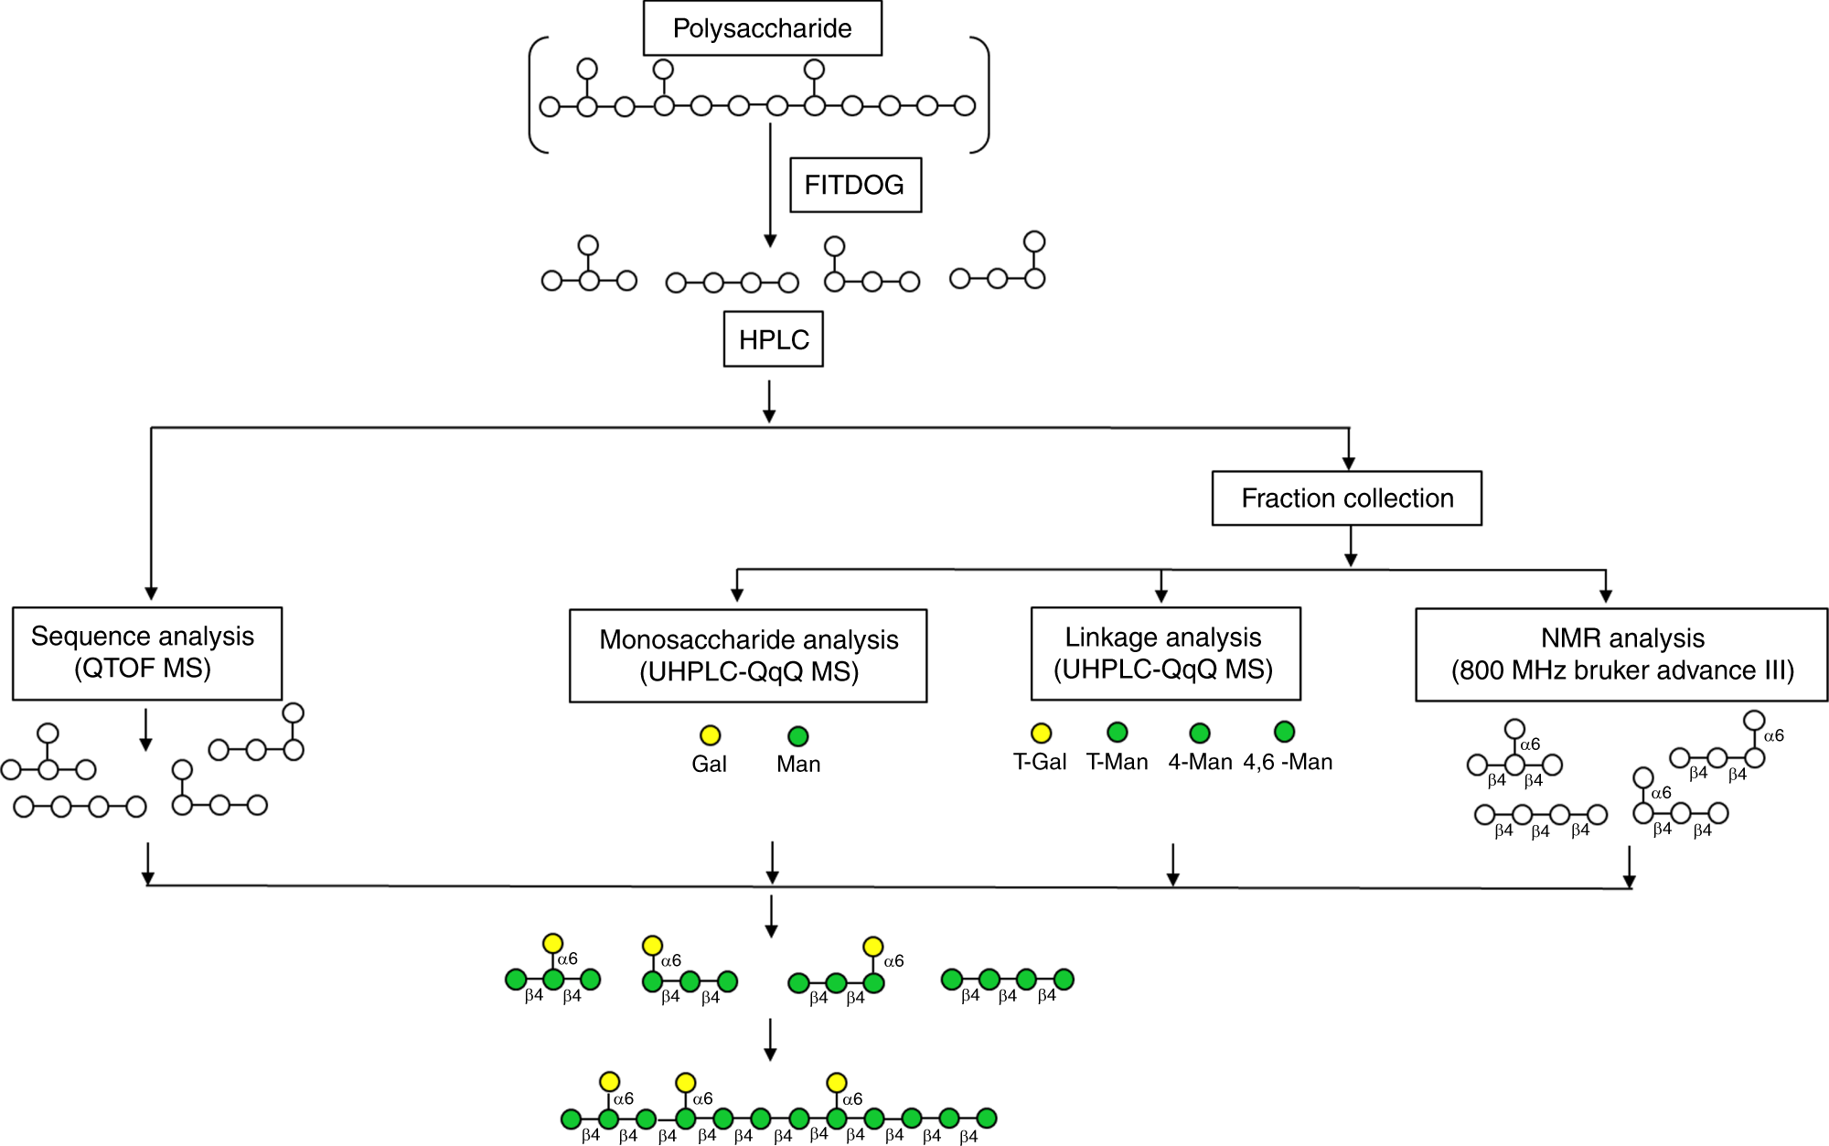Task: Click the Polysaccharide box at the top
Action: [762, 28]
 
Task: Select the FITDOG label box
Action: [855, 185]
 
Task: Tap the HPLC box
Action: [774, 339]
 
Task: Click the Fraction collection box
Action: [1346, 498]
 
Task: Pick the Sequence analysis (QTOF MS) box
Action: [146, 653]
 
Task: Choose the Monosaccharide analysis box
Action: [748, 656]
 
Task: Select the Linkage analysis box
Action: [1165, 654]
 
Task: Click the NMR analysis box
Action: [1620, 655]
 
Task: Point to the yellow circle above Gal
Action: [710, 735]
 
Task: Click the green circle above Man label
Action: [797, 736]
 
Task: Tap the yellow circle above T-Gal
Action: [1041, 733]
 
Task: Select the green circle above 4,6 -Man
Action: [1284, 731]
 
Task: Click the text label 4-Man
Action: [1200, 762]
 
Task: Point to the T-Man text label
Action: [1117, 762]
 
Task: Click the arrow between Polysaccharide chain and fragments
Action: [770, 183]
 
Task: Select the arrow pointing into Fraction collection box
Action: [1348, 450]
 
